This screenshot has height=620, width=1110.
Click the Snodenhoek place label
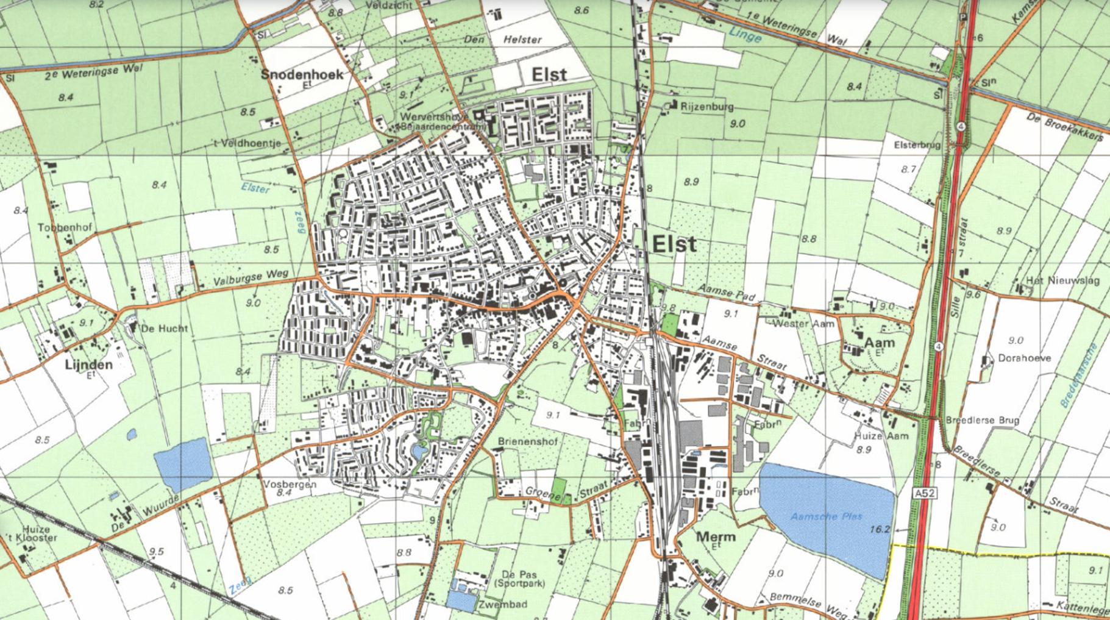302,74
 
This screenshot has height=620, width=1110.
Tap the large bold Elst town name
674,244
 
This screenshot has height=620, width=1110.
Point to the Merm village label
715,537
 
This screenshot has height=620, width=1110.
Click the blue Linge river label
745,35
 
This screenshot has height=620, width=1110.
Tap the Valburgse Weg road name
251,277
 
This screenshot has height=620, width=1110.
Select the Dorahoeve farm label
1024,358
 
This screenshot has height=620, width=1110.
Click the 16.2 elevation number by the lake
879,529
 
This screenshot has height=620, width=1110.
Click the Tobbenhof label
65,227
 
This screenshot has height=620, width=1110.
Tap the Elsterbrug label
917,145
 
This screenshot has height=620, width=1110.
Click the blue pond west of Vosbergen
182,463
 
